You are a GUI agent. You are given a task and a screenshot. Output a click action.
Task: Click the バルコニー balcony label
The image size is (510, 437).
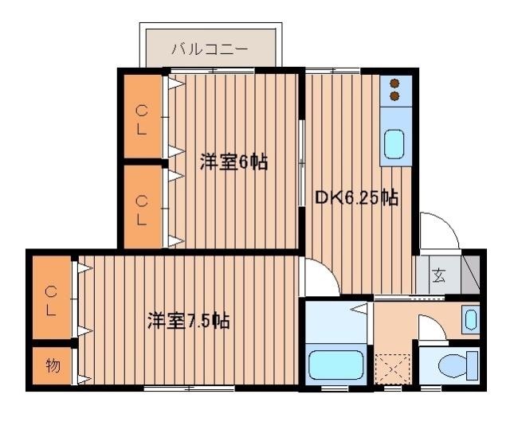pos(210,49)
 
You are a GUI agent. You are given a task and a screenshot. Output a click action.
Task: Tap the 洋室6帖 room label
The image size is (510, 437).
pos(233,162)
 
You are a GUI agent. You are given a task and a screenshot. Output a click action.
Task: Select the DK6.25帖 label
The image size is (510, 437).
pos(356,197)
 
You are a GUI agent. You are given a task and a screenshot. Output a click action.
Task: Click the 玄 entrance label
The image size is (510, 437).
pos(439,277)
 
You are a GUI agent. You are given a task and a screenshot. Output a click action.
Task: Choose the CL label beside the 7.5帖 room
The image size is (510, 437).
pos(50,299)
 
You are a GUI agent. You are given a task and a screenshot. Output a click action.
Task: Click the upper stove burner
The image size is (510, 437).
pos(394,83)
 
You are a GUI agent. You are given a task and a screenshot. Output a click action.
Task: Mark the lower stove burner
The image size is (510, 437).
pos(394,96)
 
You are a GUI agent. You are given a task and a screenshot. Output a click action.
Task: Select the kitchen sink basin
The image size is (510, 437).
pos(394,145)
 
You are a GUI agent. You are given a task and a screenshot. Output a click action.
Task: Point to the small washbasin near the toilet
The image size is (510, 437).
pos(470,320)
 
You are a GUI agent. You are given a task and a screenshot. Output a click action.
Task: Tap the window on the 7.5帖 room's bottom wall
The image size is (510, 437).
pos(189,388)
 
